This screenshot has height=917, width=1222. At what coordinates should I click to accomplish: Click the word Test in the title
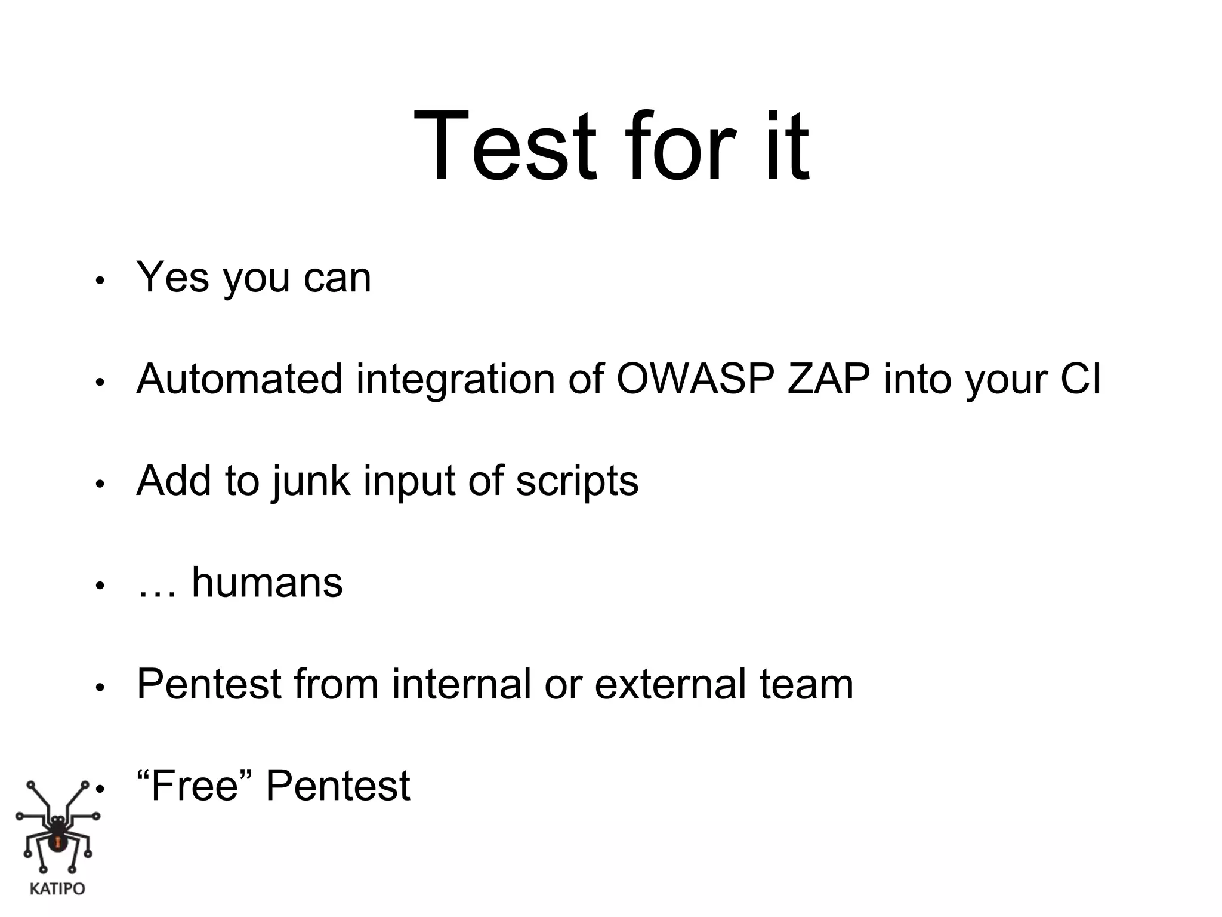point(505,146)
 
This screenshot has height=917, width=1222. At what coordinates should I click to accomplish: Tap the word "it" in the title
point(786,146)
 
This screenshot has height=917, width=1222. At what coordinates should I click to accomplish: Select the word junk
point(311,481)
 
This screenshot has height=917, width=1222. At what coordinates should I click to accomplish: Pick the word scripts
point(577,481)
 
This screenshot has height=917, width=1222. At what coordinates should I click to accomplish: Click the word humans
point(267,583)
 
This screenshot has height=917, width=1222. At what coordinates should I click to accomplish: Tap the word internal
point(461,684)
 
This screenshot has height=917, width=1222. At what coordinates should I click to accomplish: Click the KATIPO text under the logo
point(57,889)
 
